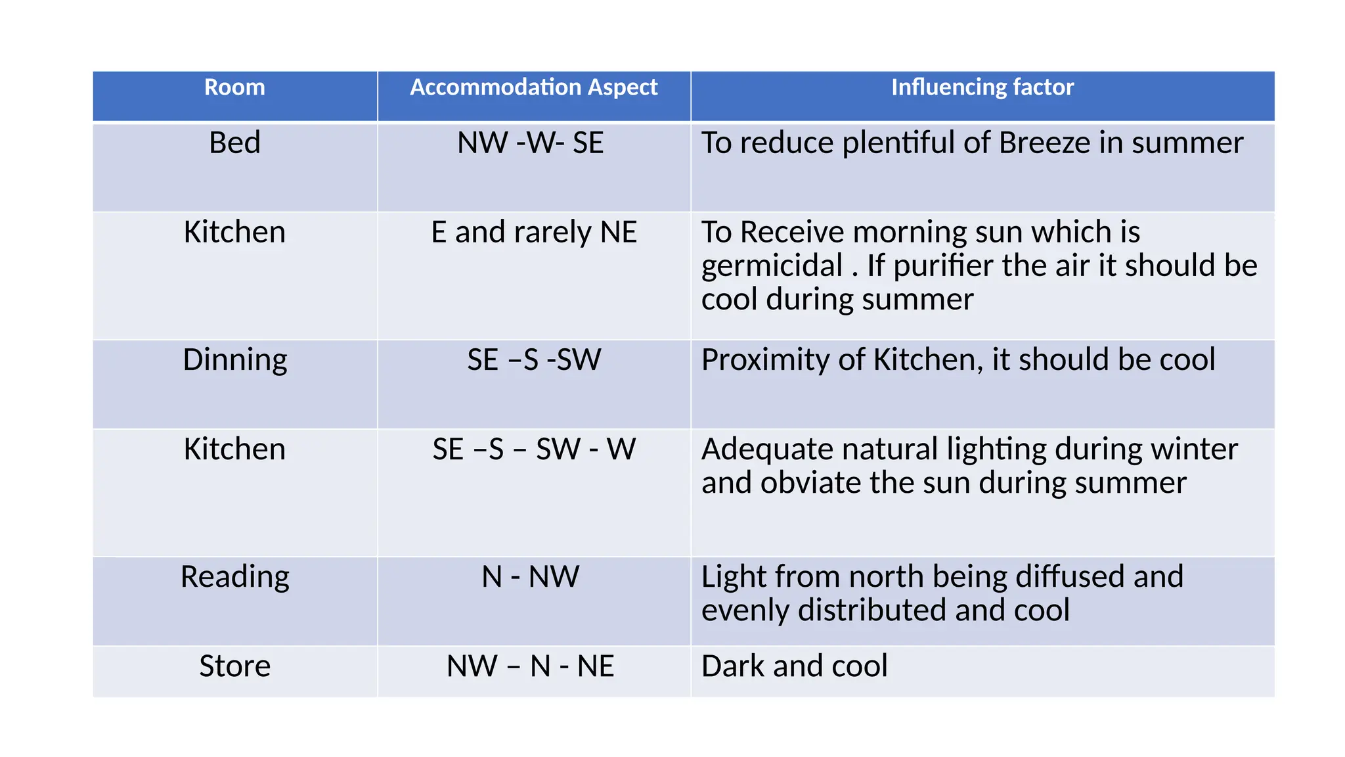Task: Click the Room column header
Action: click(234, 87)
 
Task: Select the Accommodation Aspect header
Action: click(533, 87)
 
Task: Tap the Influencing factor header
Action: click(982, 87)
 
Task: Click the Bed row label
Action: click(234, 143)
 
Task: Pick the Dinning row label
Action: click(234, 360)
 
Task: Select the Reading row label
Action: click(234, 577)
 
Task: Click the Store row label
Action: click(234, 666)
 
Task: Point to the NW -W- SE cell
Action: click(530, 143)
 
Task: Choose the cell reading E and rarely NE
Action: click(533, 233)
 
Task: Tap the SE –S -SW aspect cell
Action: click(533, 360)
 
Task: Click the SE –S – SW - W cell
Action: click(533, 449)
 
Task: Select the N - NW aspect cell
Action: click(530, 577)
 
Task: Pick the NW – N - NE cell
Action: click(530, 666)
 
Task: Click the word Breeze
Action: click(1044, 143)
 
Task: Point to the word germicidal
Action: click(772, 266)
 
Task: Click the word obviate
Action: click(811, 483)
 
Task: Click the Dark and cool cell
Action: click(794, 666)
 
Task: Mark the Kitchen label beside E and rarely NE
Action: click(234, 233)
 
